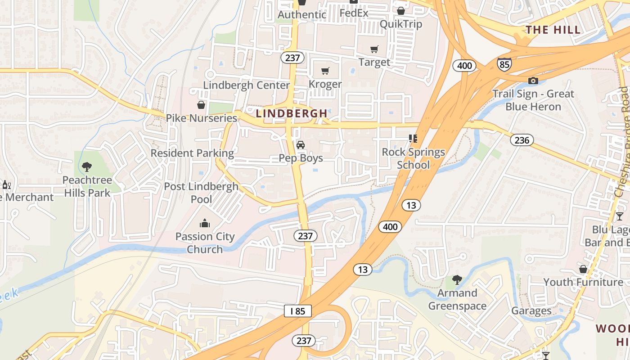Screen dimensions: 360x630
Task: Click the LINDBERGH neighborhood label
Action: (x=292, y=113)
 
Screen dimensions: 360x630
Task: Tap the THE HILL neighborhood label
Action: (x=553, y=30)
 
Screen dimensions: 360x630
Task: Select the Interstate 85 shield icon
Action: (x=504, y=64)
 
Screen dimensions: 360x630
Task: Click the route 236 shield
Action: (x=522, y=140)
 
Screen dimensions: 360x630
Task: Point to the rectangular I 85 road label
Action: (x=297, y=310)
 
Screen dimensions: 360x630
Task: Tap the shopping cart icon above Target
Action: (x=374, y=49)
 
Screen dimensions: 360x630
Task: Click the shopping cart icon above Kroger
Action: (x=325, y=71)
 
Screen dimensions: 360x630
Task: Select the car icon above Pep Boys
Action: (x=301, y=145)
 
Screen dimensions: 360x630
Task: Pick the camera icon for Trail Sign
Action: (x=533, y=81)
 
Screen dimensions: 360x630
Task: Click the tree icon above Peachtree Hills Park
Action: (x=87, y=167)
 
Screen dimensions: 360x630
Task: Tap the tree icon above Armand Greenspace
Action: (x=457, y=280)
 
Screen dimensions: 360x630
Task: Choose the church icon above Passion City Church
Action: (x=205, y=223)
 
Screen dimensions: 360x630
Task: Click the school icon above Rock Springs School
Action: (x=413, y=139)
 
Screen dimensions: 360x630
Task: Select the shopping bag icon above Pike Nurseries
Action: (x=201, y=105)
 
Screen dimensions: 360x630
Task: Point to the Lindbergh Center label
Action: (x=246, y=85)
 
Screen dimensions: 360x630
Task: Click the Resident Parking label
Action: (x=192, y=153)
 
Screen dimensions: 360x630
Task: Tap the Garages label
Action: (x=531, y=311)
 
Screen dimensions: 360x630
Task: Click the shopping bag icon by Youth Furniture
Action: (x=583, y=269)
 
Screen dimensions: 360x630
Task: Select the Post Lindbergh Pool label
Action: (x=201, y=193)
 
